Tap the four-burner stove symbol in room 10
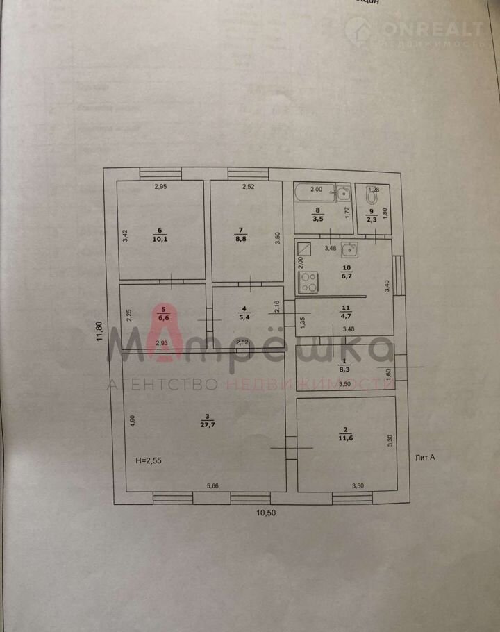click(308, 281)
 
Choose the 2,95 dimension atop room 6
click(161, 186)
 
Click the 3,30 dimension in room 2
click(390, 440)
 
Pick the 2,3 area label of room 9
click(372, 221)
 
